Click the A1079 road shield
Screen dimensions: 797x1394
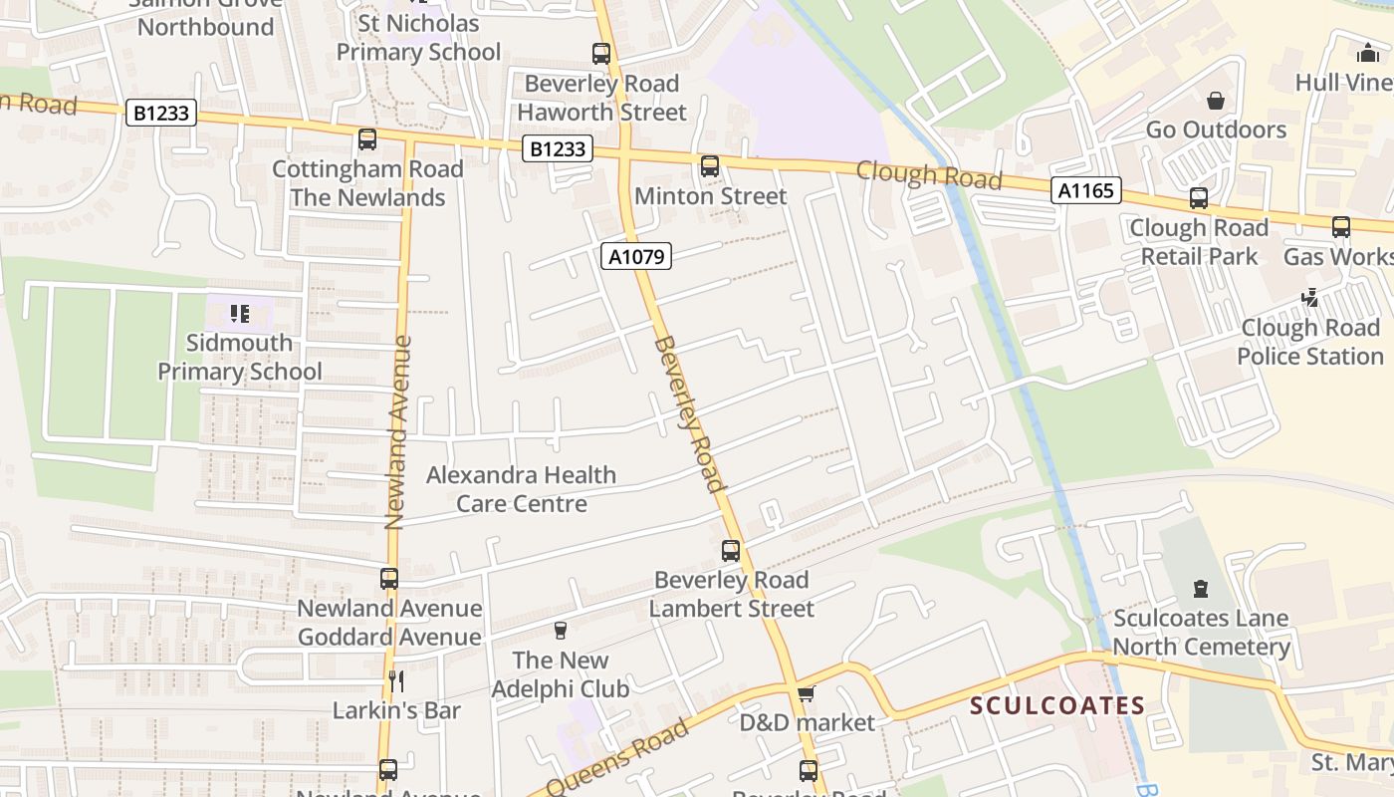(637, 257)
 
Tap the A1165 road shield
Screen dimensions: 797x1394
(1085, 190)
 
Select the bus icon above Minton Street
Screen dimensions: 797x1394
(710, 166)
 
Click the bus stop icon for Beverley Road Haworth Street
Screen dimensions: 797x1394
(601, 54)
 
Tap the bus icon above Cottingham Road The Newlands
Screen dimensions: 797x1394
(367, 139)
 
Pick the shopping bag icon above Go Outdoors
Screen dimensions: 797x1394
(1216, 101)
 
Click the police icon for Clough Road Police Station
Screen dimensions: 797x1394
(1310, 297)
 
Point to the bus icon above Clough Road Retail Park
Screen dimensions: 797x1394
(1199, 198)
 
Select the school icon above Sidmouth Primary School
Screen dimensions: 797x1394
(239, 314)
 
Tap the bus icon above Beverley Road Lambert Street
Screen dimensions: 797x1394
(731, 550)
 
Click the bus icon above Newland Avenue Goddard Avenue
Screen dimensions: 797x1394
(389, 579)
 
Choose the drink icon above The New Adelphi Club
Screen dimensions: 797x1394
(560, 631)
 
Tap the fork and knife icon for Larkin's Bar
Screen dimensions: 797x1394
(396, 680)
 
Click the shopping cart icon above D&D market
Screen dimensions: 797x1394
(807, 692)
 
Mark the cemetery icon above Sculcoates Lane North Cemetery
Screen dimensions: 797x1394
(1201, 589)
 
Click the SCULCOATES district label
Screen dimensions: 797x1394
(1057, 706)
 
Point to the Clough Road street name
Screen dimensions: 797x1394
(929, 175)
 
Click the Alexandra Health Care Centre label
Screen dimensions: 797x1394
(521, 489)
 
